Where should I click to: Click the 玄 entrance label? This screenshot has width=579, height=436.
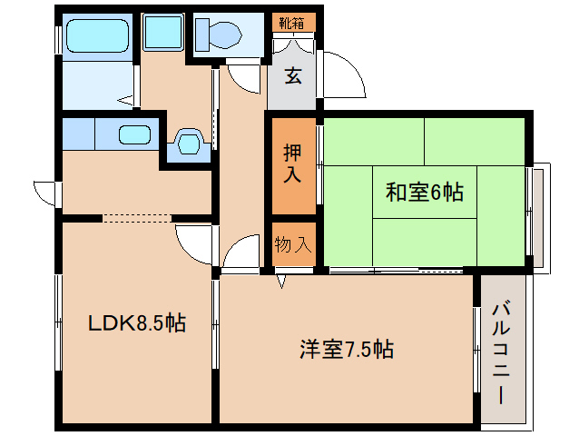[293, 76]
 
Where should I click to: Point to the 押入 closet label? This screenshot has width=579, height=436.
[292, 163]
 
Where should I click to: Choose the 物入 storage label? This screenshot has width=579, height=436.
[292, 243]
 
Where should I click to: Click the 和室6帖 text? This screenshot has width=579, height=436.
[425, 193]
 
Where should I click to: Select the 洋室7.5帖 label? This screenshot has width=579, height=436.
[347, 348]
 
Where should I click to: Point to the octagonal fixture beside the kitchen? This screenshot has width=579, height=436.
[189, 143]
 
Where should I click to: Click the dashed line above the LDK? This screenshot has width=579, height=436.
[136, 218]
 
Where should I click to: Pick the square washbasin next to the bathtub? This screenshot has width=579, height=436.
[163, 35]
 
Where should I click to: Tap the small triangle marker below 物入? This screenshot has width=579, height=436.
[281, 282]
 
